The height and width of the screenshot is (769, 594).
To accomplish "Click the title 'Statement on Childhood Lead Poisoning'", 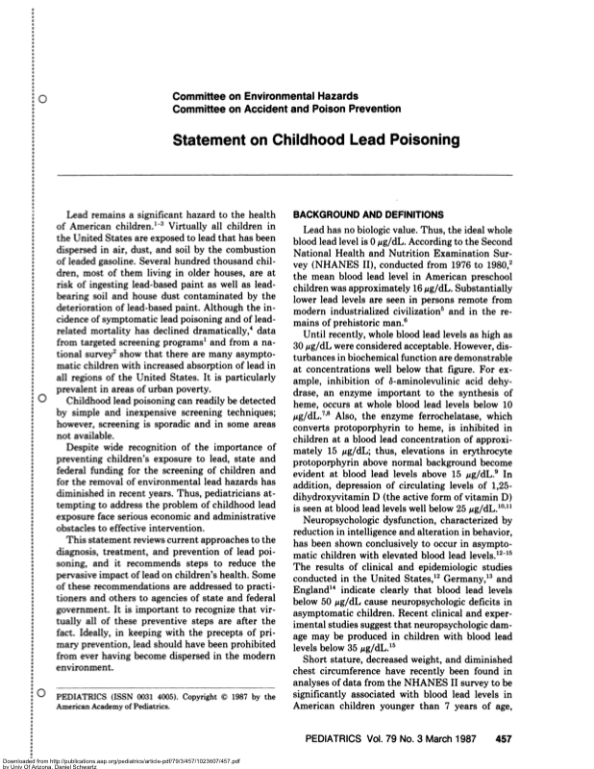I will [315, 140].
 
